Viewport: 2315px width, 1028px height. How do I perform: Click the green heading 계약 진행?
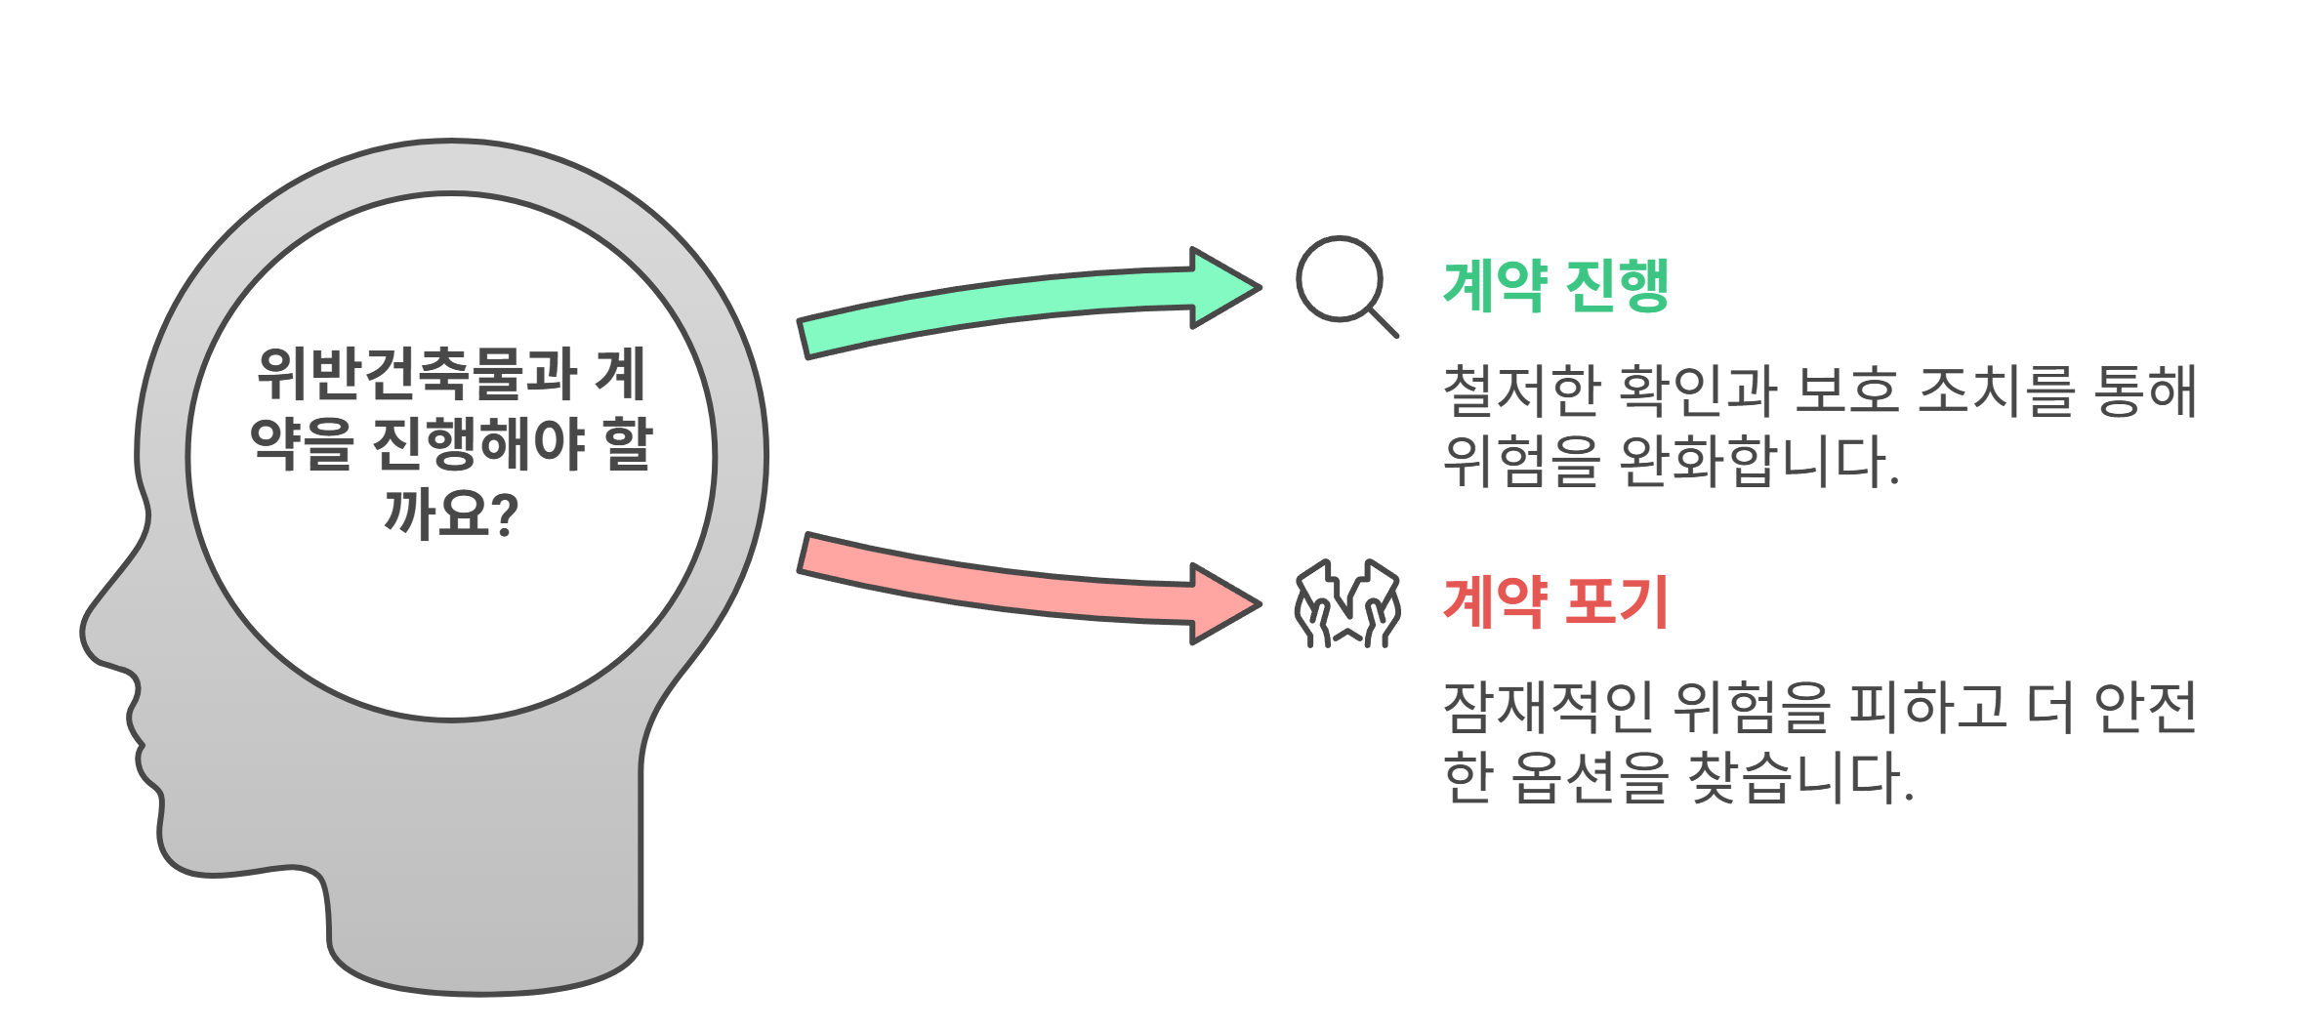[1555, 286]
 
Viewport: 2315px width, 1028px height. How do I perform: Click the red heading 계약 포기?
[1555, 601]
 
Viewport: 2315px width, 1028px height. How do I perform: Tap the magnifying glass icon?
[1341, 279]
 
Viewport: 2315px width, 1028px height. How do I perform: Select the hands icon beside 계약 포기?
[1347, 603]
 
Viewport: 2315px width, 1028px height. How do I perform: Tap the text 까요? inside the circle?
[451, 514]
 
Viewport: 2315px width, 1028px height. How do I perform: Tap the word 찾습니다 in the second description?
[1799, 778]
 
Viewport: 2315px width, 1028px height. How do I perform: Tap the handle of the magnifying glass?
[1384, 323]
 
